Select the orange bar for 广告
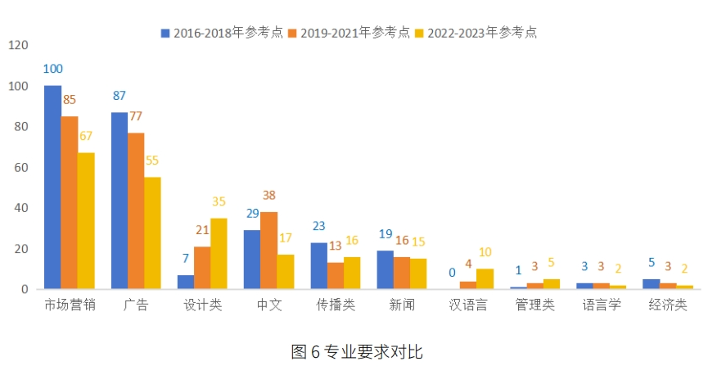coord(136,210)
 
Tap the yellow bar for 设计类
coord(219,253)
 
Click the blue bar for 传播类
coord(318,265)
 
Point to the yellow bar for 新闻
coord(418,273)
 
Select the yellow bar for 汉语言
coord(485,278)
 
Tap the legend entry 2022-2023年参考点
coord(482,33)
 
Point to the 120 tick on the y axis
coord(18,46)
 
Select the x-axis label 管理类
coord(534,305)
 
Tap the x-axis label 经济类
coord(667,305)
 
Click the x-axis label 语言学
coord(601,305)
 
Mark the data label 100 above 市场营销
coord(53,69)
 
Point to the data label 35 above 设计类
coord(219,201)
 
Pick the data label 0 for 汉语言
coord(451,273)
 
